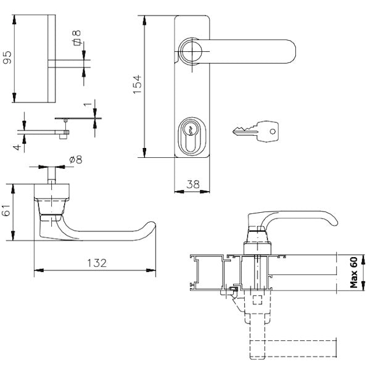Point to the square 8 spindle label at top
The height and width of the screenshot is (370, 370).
76,37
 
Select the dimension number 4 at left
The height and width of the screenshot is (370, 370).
18,147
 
